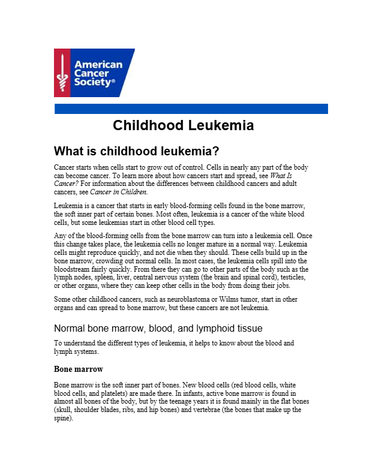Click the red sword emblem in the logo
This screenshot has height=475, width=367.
point(63,73)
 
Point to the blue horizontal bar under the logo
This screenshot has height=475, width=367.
point(191,109)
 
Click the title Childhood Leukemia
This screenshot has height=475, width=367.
point(183,126)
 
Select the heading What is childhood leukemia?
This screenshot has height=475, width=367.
point(137,151)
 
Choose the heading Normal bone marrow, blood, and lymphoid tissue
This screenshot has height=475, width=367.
point(158,328)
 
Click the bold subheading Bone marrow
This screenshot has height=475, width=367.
point(79,368)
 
